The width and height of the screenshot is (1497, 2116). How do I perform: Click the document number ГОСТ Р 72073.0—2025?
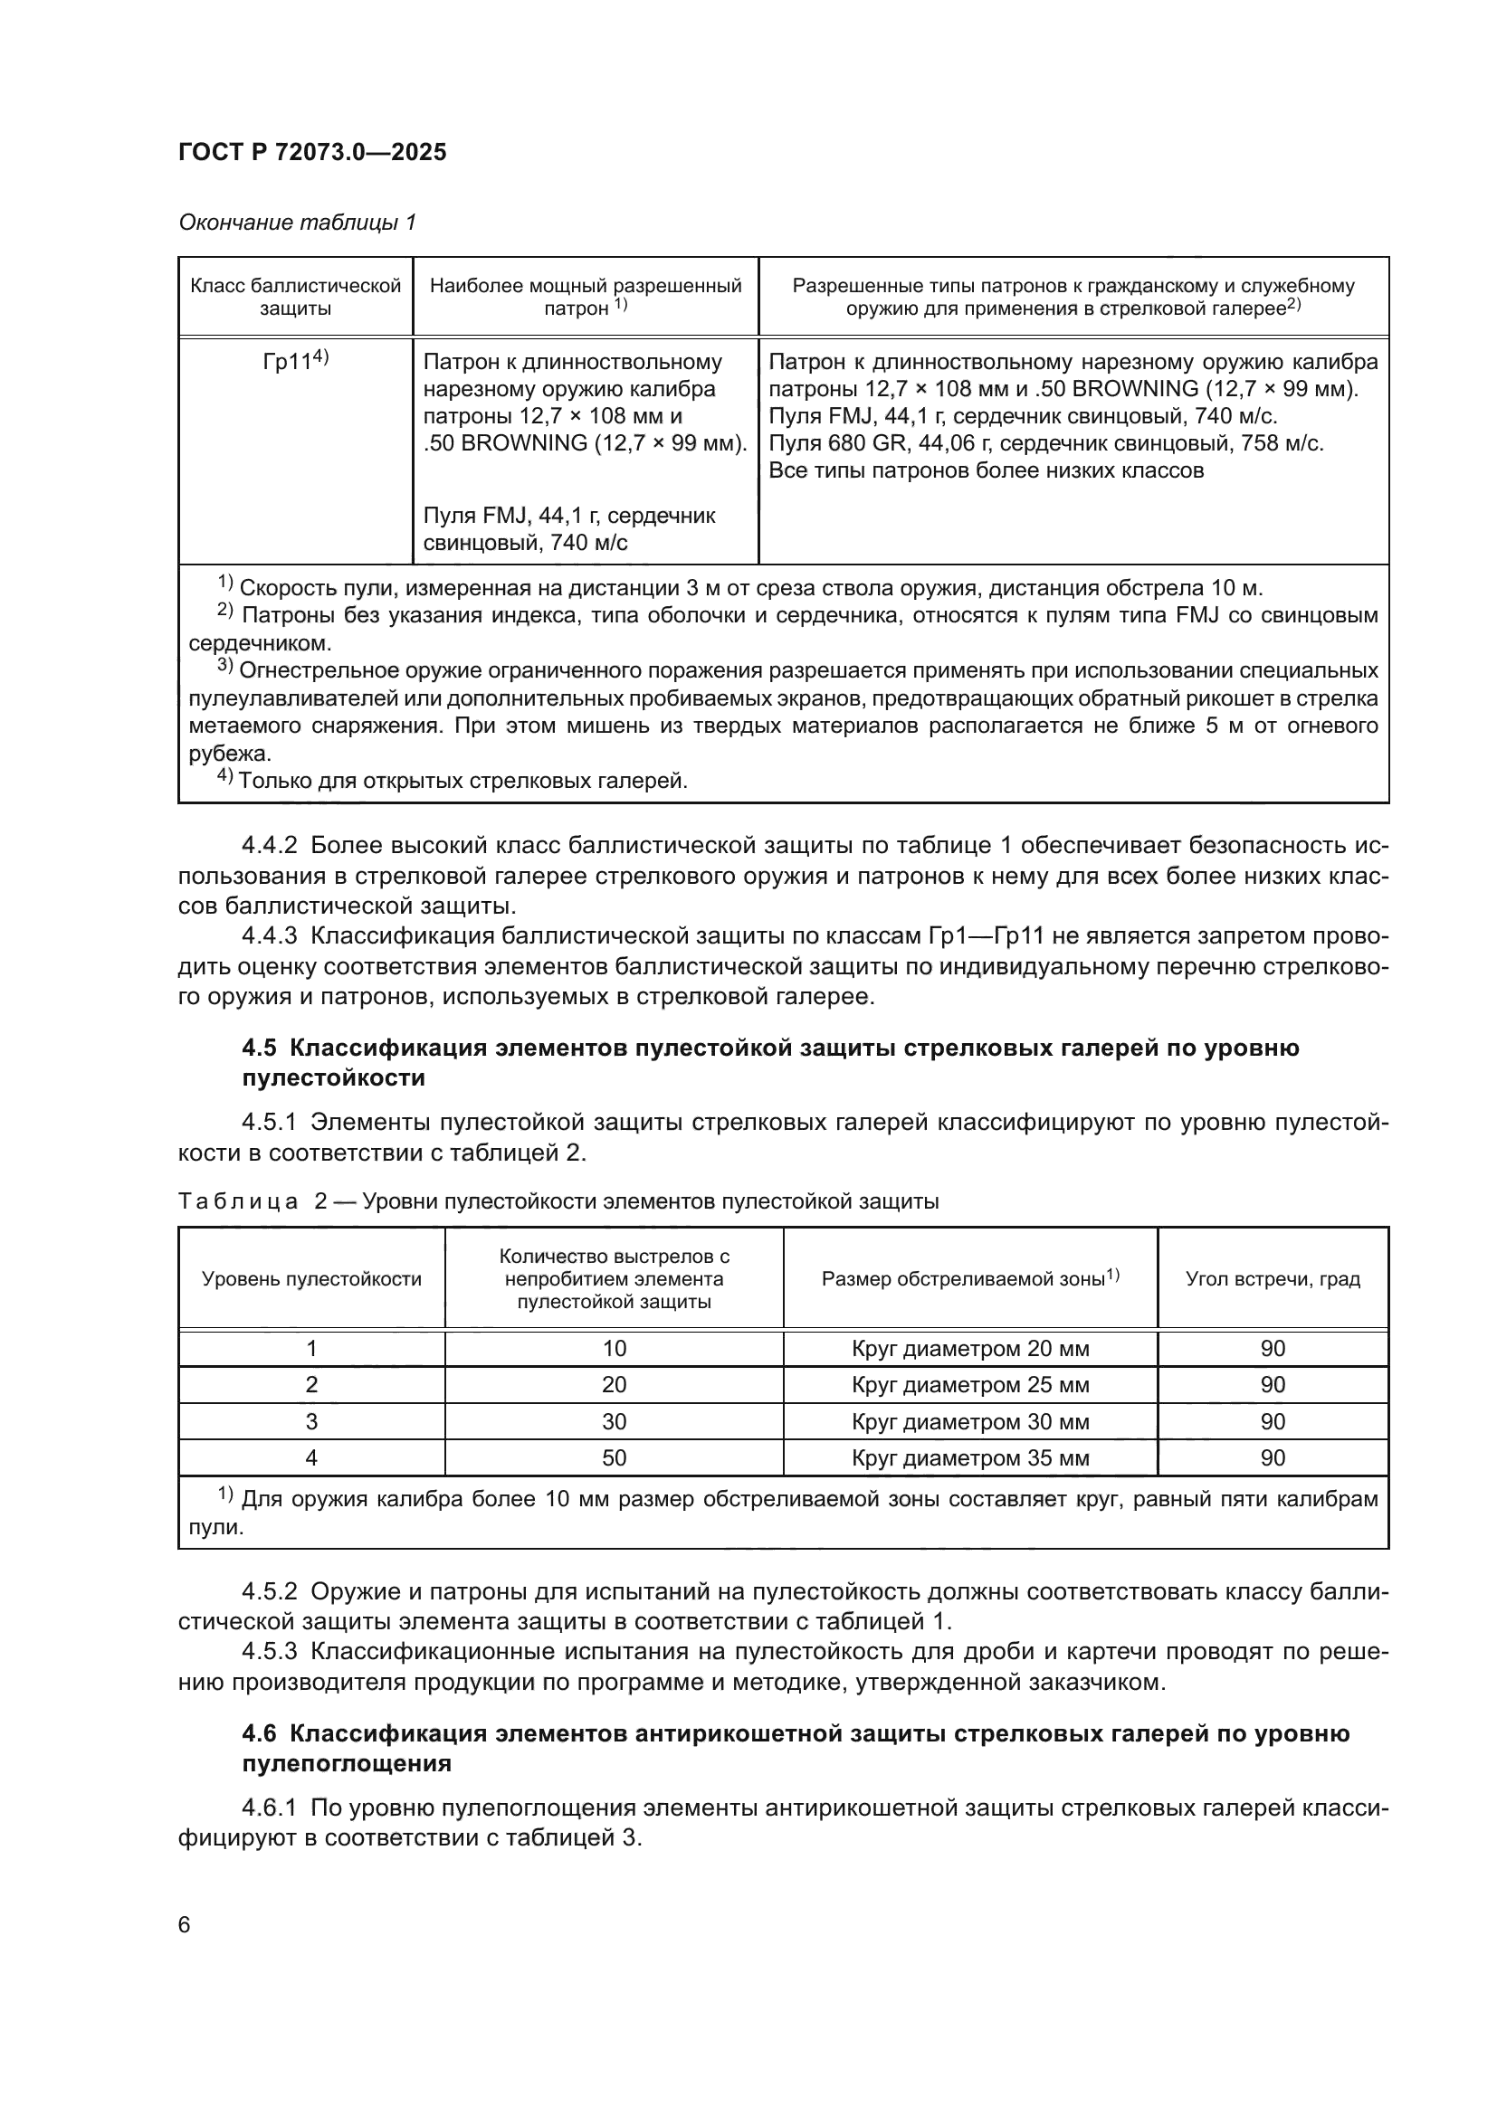(x=311, y=152)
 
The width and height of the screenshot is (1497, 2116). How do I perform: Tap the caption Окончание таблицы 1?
(x=297, y=223)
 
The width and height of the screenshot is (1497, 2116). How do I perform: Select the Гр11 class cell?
(x=295, y=361)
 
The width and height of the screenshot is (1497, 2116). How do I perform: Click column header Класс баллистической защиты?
(x=295, y=297)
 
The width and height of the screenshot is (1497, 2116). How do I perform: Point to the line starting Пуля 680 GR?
(x=1045, y=443)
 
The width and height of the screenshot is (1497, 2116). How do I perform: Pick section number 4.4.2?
(x=269, y=845)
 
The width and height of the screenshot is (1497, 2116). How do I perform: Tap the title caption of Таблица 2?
(x=558, y=1201)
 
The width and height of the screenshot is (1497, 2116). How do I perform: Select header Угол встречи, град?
(x=1272, y=1279)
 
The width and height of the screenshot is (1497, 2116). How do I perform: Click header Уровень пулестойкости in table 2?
(x=311, y=1279)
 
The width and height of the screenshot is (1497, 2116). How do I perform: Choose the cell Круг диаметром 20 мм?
(x=969, y=1349)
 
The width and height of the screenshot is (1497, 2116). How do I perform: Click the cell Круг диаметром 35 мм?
(x=969, y=1458)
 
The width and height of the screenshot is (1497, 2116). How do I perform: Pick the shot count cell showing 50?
(x=614, y=1458)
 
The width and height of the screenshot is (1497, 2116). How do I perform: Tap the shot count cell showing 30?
(x=614, y=1422)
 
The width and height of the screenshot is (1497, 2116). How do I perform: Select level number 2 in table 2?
(x=311, y=1385)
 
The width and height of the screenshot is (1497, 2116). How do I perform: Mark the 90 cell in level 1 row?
(x=1272, y=1349)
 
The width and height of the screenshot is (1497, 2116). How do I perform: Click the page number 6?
(x=185, y=1925)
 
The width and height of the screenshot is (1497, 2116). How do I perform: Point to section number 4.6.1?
(x=269, y=1808)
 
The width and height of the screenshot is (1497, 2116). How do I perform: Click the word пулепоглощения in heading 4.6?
(x=347, y=1764)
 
